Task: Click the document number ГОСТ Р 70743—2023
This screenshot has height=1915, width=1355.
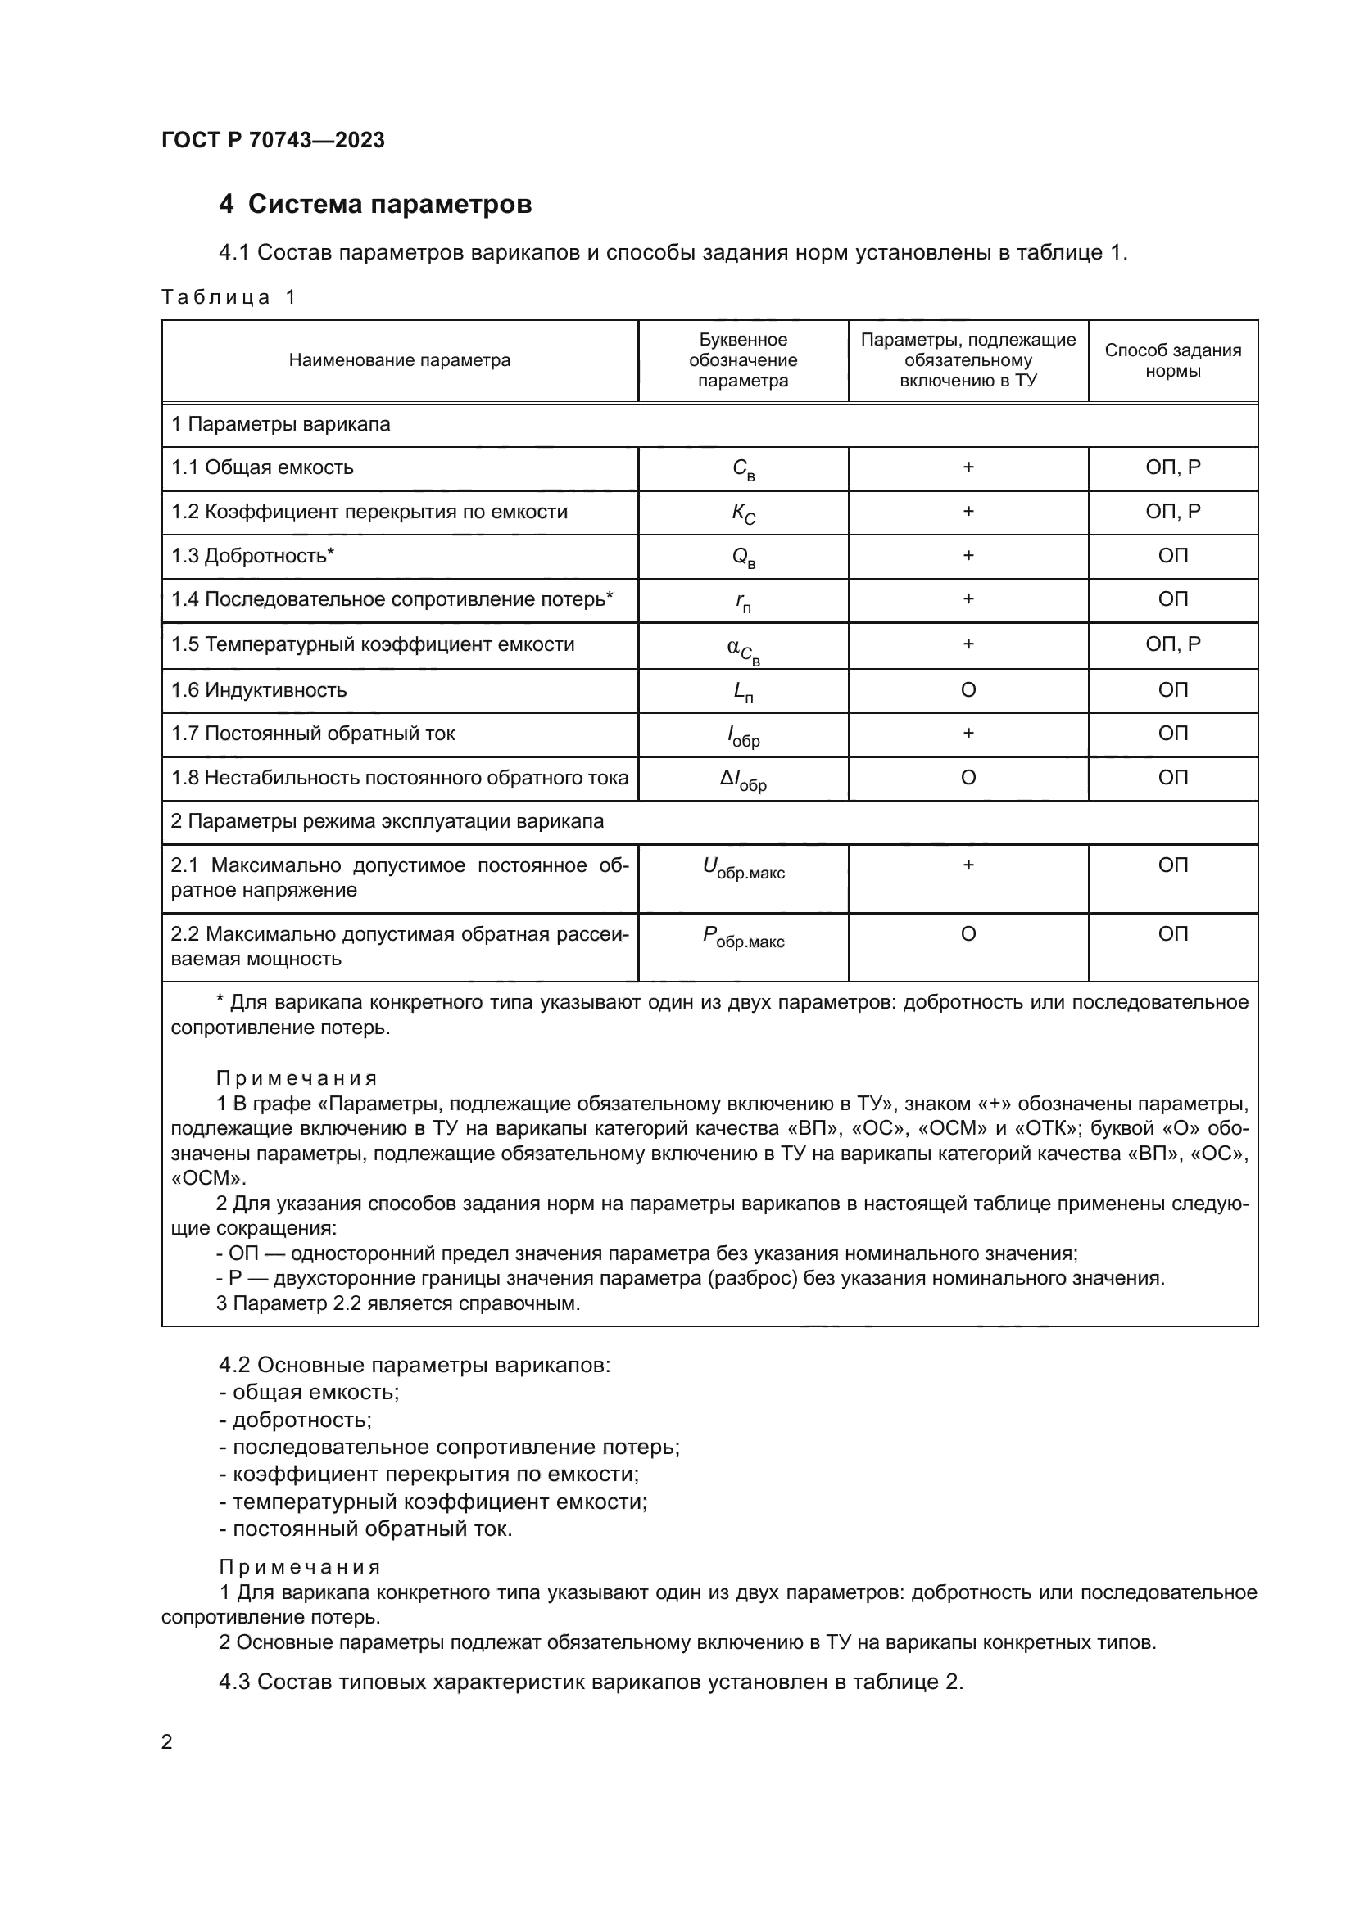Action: pos(273,140)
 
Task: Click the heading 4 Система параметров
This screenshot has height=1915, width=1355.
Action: pos(374,205)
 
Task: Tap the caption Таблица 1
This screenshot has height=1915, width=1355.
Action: pos(228,297)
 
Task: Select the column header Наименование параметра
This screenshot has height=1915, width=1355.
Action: pos(400,360)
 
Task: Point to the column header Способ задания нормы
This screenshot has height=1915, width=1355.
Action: pos(1172,360)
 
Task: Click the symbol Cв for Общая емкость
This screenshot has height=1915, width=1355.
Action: pos(742,470)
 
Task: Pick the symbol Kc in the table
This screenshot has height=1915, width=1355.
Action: pos(742,514)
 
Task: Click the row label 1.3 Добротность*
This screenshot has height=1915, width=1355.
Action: pos(253,556)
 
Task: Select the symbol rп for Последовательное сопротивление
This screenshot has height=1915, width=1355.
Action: pos(742,603)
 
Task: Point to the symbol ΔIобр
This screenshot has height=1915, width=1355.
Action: pos(742,781)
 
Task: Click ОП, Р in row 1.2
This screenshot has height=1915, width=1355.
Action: pos(1172,511)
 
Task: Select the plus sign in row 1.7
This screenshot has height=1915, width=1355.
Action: pos(968,733)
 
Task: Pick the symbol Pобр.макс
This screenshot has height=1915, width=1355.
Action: pos(742,937)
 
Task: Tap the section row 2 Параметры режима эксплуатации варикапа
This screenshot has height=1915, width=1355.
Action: pos(387,821)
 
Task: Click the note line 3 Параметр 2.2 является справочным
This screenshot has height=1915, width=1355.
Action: pos(398,1303)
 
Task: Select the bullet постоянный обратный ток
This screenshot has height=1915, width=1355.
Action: pos(371,1529)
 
